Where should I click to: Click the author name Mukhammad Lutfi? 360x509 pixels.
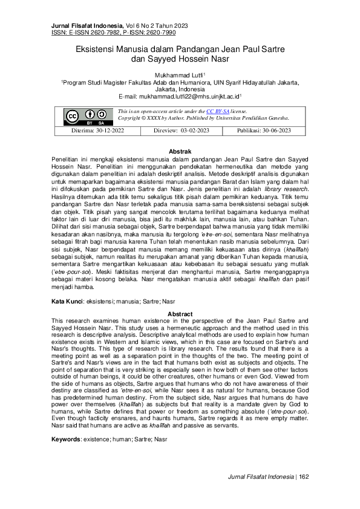point(180,74)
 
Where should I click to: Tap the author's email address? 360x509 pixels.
point(180,96)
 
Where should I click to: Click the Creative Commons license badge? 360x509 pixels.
point(81,116)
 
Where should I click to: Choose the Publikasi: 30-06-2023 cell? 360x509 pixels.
point(264,131)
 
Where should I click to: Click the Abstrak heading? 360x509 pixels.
point(180,151)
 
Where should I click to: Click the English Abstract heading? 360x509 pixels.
point(180,314)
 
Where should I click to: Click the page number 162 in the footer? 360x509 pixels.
point(304,494)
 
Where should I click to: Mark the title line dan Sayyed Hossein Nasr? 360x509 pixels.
point(180,59)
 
